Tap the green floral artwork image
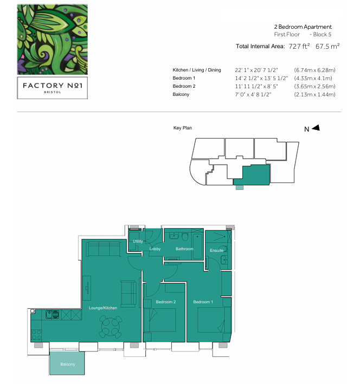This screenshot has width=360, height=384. coord(52,39)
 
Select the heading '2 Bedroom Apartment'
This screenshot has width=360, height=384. coord(303,27)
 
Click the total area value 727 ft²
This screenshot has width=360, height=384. coord(299,47)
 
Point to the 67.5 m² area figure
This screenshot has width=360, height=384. coord(327,47)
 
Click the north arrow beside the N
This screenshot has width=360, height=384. coord(316,128)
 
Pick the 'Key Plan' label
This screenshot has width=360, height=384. coord(183,128)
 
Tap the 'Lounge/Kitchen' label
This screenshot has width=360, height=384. coord(103,308)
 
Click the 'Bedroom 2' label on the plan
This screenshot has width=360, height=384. coord(165,302)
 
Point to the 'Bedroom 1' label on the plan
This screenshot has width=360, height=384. coord(203,302)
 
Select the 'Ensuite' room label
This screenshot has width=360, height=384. coord(217,250)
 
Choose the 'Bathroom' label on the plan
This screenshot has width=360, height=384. coord(184,249)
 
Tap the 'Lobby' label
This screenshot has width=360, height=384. coord(156,249)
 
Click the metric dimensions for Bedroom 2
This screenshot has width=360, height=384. coord(314,86)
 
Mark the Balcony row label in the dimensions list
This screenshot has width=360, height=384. coord(181,95)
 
